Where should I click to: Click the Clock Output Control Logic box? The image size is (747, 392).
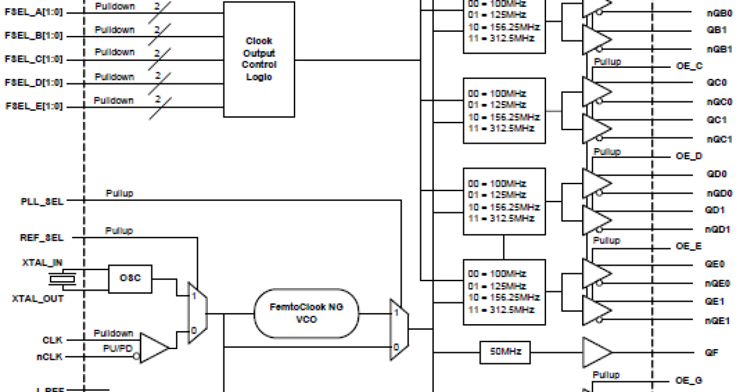pos(260,59)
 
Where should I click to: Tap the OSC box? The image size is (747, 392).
pos(130,278)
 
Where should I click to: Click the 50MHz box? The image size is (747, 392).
pos(505,353)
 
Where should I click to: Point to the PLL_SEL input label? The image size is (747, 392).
pos(42,202)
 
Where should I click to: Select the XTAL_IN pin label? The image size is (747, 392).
pos(42,264)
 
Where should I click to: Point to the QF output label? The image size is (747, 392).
pos(713,353)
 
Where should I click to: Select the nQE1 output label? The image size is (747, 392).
pos(717,320)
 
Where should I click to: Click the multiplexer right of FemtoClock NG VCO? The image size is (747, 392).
pos(399,329)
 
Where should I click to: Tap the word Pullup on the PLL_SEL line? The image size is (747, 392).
pos(119,194)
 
